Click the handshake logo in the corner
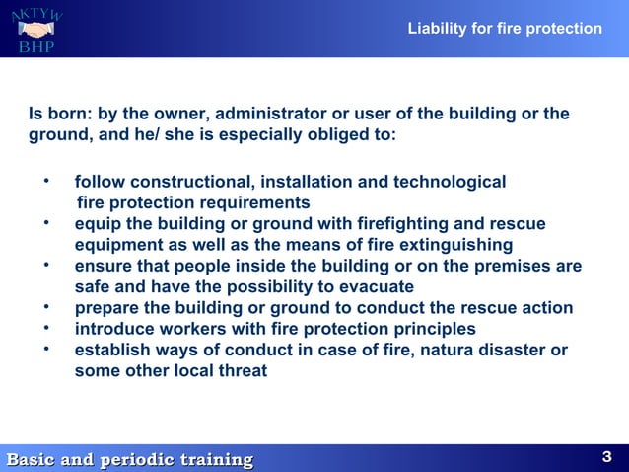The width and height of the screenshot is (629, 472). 36,28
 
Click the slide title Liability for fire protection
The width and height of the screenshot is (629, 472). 505,29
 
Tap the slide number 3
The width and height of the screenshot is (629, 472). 606,456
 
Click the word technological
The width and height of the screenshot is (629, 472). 451,183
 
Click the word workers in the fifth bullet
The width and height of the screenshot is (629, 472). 190,329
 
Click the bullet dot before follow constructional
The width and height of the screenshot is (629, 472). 46,182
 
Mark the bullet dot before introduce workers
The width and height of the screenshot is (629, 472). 46,328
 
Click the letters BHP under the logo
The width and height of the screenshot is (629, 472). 35,47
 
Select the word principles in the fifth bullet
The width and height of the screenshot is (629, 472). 431,329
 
